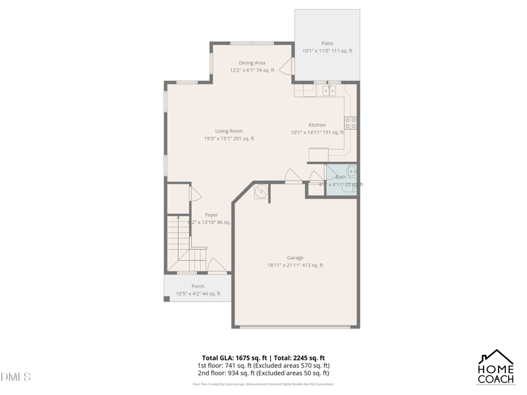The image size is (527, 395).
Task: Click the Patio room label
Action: click(x=327, y=43)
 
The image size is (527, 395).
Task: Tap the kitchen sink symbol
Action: click(x=329, y=91)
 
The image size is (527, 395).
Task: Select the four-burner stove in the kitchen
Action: click(x=350, y=122)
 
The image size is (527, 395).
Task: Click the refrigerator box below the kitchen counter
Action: click(x=319, y=155)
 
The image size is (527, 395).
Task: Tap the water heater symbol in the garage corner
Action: click(x=262, y=192)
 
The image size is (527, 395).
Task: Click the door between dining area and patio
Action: click(x=287, y=66)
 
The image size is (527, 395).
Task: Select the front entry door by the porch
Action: click(x=217, y=266)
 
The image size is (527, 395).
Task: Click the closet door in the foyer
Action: click(x=194, y=194)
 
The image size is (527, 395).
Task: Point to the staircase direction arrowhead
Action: click(x=178, y=217)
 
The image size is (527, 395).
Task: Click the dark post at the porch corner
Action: click(x=167, y=299)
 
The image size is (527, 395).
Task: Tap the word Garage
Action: click(x=295, y=257)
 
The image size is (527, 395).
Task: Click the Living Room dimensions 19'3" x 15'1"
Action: click(x=229, y=139)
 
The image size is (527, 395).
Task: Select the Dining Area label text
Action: click(x=252, y=63)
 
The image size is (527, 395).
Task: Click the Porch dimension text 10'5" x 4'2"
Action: click(x=198, y=294)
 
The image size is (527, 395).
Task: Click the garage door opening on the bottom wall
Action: click(x=296, y=326)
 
